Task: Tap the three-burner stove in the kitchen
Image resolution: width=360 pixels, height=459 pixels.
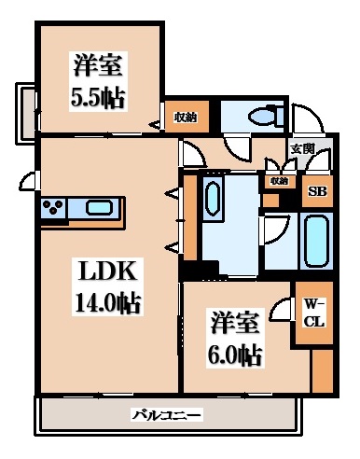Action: click(53, 208)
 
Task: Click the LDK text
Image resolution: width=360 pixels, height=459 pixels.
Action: click(108, 273)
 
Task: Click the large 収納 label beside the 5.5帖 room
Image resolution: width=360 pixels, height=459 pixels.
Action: click(186, 117)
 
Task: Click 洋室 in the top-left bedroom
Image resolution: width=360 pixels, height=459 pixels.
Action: click(98, 66)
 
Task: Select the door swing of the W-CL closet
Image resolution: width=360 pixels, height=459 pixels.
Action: click(283, 313)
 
